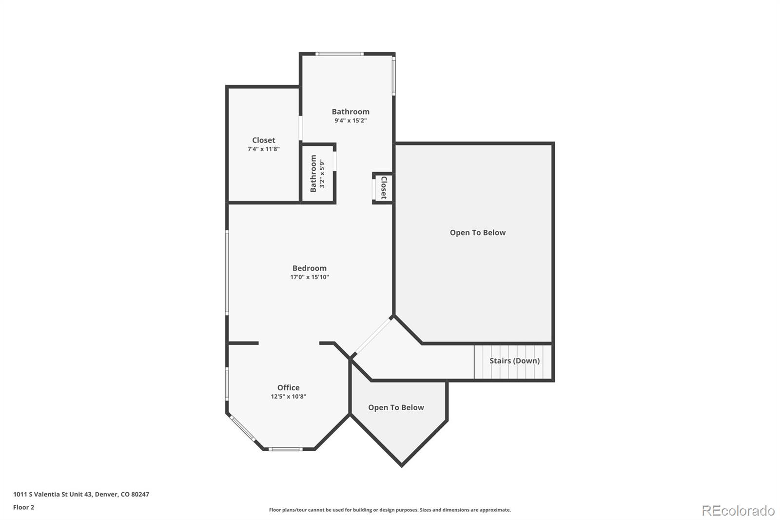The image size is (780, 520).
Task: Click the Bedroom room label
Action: click(309, 268)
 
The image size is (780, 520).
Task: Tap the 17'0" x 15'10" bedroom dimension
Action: click(310, 277)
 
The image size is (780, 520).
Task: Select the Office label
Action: click(288, 387)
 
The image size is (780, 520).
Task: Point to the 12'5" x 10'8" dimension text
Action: click(288, 397)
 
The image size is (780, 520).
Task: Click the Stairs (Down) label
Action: click(514, 360)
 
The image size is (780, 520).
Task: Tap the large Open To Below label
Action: click(477, 232)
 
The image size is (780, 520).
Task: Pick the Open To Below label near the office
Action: click(396, 407)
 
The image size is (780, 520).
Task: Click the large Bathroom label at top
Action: click(351, 111)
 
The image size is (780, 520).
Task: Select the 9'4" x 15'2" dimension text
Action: click(351, 120)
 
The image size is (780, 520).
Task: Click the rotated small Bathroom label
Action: click(313, 173)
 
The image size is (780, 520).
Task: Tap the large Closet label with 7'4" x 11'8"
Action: click(263, 140)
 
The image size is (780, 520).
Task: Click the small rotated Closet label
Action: click(384, 188)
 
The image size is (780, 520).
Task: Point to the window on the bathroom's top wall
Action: click(339, 54)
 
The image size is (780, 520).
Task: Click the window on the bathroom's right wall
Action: click(394, 76)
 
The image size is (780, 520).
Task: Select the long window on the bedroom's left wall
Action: click(227, 272)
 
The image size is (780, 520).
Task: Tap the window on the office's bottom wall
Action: click(286, 449)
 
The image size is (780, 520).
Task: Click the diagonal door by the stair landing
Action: click(372, 336)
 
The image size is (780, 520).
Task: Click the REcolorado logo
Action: click(738, 510)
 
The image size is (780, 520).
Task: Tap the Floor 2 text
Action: click(23, 507)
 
